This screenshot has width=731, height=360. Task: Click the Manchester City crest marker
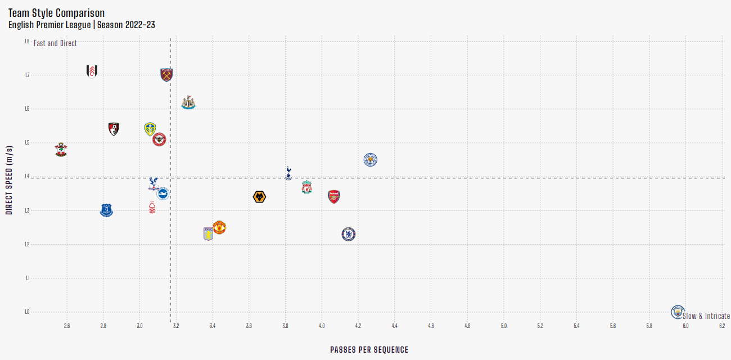coord(679,311)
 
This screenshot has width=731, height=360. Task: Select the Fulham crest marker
coord(92,71)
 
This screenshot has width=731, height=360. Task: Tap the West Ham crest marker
coord(166,75)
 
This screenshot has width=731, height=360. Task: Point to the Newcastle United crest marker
coord(188,102)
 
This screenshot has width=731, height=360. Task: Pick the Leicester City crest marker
coord(370,160)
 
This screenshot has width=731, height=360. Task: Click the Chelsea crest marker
coord(349,234)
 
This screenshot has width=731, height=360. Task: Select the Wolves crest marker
coord(259,197)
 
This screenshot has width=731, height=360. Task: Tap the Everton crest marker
coord(106,210)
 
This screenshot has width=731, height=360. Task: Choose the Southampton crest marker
coord(61,150)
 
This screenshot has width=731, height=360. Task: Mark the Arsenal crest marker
coord(334,197)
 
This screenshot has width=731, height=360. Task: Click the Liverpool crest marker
coord(306,187)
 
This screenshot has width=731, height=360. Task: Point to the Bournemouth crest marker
coord(114,129)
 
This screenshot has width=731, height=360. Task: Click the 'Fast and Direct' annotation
coord(55,43)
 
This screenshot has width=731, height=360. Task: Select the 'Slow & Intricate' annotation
coord(706,316)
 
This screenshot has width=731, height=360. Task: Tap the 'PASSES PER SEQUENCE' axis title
coord(369,350)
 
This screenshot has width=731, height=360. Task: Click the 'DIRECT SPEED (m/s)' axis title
coord(9,179)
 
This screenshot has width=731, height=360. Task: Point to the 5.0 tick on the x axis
coord(503,326)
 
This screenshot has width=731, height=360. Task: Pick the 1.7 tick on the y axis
coord(26,75)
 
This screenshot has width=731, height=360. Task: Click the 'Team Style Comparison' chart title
coord(56,13)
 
